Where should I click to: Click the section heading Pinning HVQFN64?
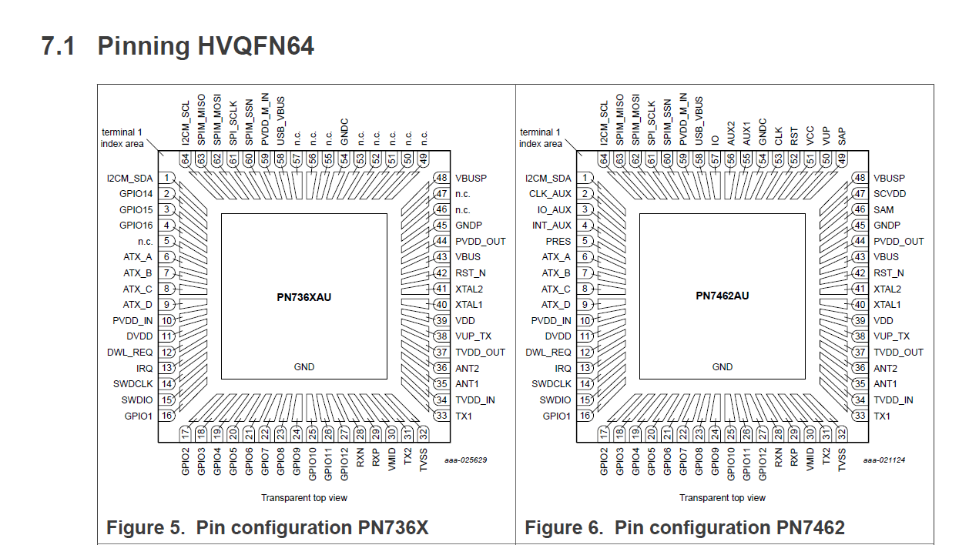click(177, 46)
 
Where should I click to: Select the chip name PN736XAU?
click(304, 296)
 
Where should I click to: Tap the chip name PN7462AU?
click(723, 296)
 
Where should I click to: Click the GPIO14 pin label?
click(136, 194)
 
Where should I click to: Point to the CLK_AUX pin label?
click(551, 194)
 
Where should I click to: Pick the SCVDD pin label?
click(890, 194)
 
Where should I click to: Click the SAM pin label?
click(883, 209)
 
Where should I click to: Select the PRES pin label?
click(558, 241)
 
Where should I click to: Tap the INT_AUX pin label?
click(552, 226)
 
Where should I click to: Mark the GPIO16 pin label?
click(136, 226)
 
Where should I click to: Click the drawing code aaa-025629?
click(465, 460)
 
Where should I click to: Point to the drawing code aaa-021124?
click(883, 460)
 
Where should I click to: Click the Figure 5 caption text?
click(267, 528)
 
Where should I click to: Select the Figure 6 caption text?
click(684, 528)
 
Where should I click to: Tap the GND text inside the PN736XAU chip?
click(304, 367)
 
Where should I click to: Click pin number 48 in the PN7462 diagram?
click(860, 178)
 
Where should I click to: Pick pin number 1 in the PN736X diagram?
click(166, 178)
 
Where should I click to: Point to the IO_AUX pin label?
click(554, 209)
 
